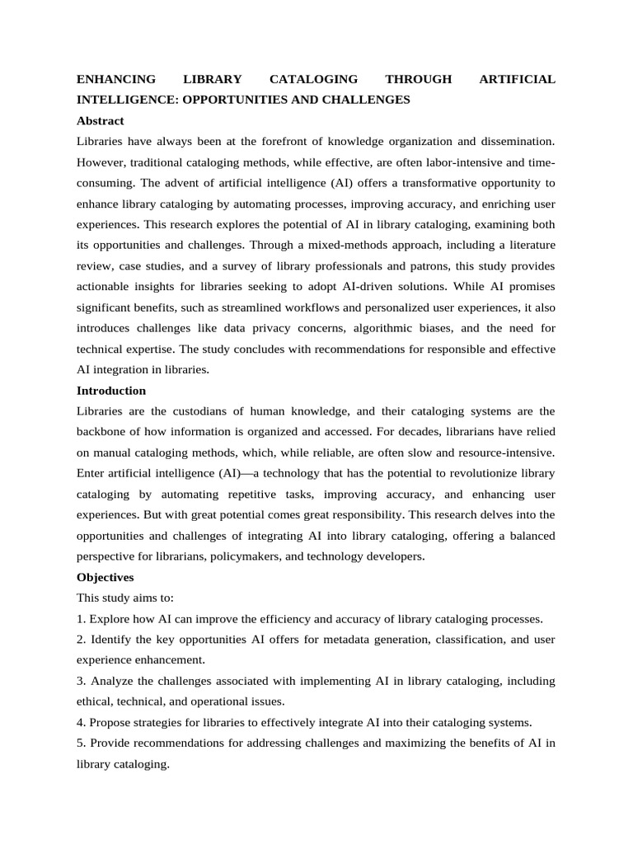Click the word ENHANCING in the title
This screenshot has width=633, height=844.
[x=116, y=79]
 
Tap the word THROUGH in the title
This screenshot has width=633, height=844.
[x=419, y=79]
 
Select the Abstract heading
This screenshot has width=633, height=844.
[x=101, y=120]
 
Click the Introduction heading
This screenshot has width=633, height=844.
[x=111, y=391]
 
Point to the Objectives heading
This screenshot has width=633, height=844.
[x=105, y=578]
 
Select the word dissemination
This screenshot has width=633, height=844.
[x=517, y=142]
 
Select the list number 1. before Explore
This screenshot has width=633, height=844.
[x=82, y=619]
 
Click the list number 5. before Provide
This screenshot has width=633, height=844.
[x=82, y=743]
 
